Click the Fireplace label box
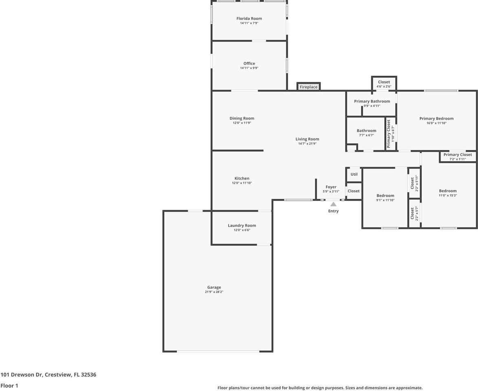click(x=308, y=87)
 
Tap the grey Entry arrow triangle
click(x=333, y=204)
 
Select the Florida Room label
click(x=249, y=18)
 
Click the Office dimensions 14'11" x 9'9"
click(x=249, y=68)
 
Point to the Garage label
click(x=214, y=287)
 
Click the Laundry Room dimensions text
click(x=242, y=230)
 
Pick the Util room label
click(x=354, y=174)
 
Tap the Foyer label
click(x=331, y=187)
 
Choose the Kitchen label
click(x=242, y=178)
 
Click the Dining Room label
click(x=242, y=119)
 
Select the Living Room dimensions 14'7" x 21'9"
click(x=307, y=143)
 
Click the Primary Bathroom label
click(x=372, y=101)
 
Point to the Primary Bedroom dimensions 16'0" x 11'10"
click(x=436, y=123)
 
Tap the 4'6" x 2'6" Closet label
click(x=383, y=82)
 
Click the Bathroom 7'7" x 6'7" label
click(x=366, y=131)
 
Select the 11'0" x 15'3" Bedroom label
click(x=447, y=191)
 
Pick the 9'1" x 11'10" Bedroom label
click(x=385, y=195)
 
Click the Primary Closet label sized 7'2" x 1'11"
click(x=457, y=155)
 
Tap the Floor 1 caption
click(x=9, y=385)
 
